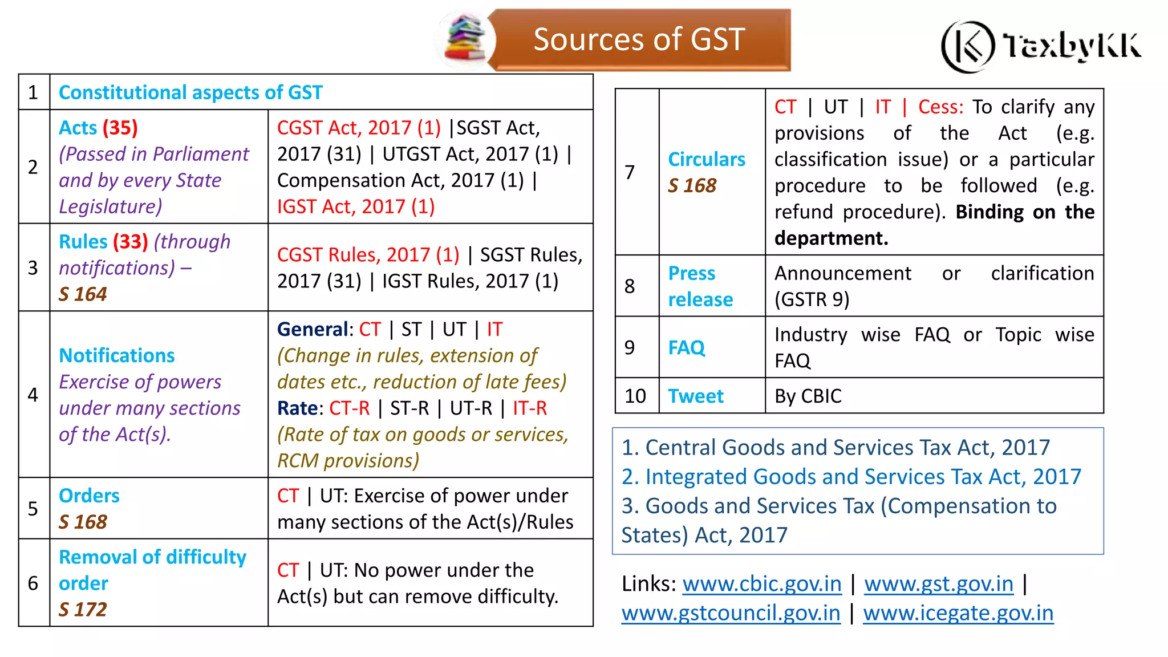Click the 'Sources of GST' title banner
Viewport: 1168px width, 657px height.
pos(639,40)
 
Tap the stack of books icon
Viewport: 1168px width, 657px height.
pos(465,39)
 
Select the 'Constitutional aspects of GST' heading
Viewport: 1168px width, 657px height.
pos(190,92)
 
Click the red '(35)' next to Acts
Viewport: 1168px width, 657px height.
pos(120,128)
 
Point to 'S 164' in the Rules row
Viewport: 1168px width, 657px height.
pos(83,294)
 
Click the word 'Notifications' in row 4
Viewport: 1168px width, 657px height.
pos(117,356)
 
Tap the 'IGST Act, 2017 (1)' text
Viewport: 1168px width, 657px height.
pos(356,206)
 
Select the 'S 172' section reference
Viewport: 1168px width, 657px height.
pos(83,610)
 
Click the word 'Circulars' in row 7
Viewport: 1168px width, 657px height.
pos(707,160)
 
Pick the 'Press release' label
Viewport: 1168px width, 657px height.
pos(700,286)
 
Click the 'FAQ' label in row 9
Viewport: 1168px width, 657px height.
pos(687,347)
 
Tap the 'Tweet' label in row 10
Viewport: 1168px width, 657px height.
pos(696,396)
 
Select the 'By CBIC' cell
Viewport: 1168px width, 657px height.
pos(808,396)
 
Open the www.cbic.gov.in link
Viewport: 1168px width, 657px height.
pos(762,584)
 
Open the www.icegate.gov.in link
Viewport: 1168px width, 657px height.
pos(958,613)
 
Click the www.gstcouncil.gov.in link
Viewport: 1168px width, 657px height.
pos(731,613)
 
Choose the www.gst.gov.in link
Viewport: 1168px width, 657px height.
pos(939,584)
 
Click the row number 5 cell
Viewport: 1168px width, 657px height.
pos(34,509)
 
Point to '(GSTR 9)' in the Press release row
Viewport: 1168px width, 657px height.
pos(812,299)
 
